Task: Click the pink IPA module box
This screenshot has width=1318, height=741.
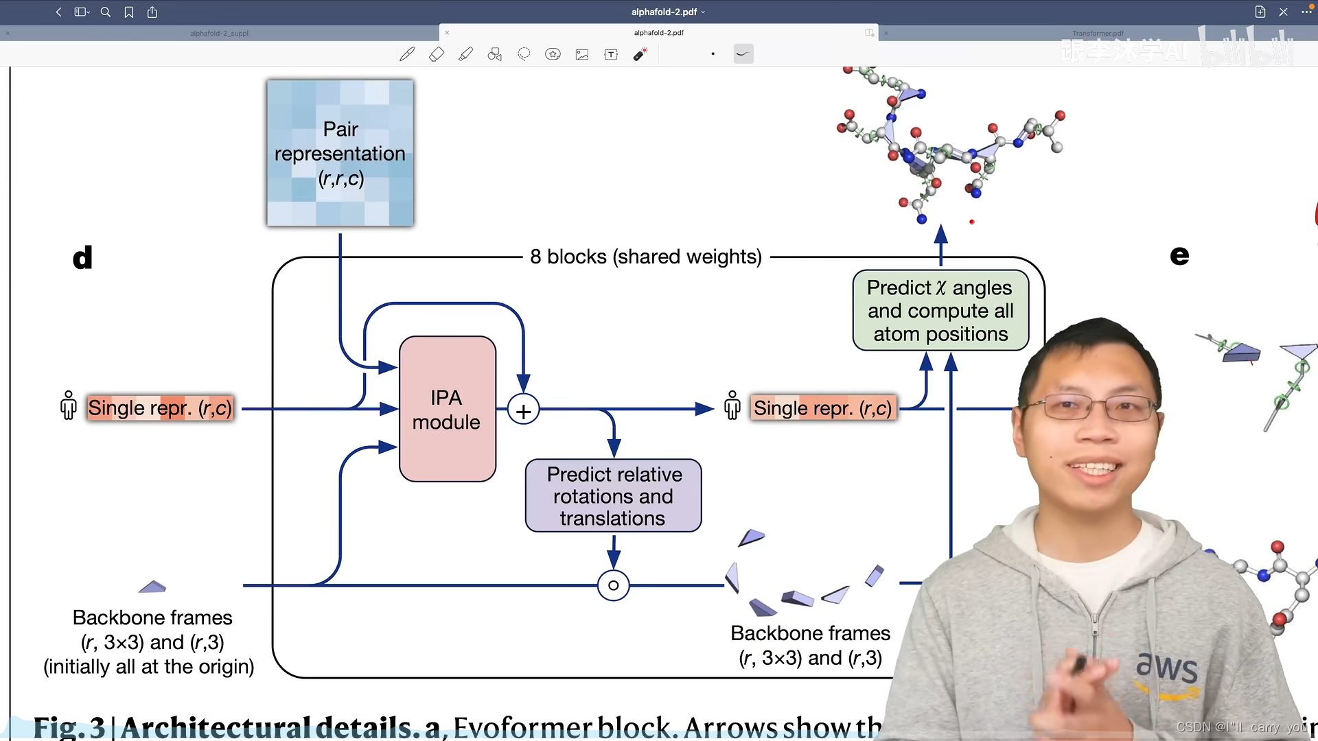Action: click(448, 409)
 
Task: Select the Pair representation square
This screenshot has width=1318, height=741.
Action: click(340, 153)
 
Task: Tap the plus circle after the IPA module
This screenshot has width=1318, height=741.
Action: click(523, 410)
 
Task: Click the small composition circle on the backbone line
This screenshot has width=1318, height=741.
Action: click(613, 585)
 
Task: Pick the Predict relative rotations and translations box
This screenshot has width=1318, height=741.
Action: click(613, 495)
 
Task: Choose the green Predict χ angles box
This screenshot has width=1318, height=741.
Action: click(940, 310)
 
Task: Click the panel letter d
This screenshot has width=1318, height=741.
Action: click(82, 258)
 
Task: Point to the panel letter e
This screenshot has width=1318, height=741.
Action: click(1179, 255)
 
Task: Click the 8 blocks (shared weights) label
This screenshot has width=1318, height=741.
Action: click(645, 257)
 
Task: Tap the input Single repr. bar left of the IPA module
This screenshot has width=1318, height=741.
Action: click(160, 408)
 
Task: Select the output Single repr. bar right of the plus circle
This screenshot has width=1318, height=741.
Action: click(823, 408)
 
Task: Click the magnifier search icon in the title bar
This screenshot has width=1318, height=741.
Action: click(106, 12)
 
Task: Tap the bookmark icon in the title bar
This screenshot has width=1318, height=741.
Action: click(129, 12)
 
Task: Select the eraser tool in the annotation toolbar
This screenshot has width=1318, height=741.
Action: click(437, 54)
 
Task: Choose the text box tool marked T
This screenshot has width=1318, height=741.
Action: click(611, 54)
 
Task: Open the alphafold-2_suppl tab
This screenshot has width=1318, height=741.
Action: click(219, 33)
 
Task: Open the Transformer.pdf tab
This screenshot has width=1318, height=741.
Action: click(1098, 33)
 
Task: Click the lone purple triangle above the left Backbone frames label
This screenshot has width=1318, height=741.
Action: click(152, 587)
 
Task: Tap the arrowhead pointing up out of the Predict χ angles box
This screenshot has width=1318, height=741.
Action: click(941, 234)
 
